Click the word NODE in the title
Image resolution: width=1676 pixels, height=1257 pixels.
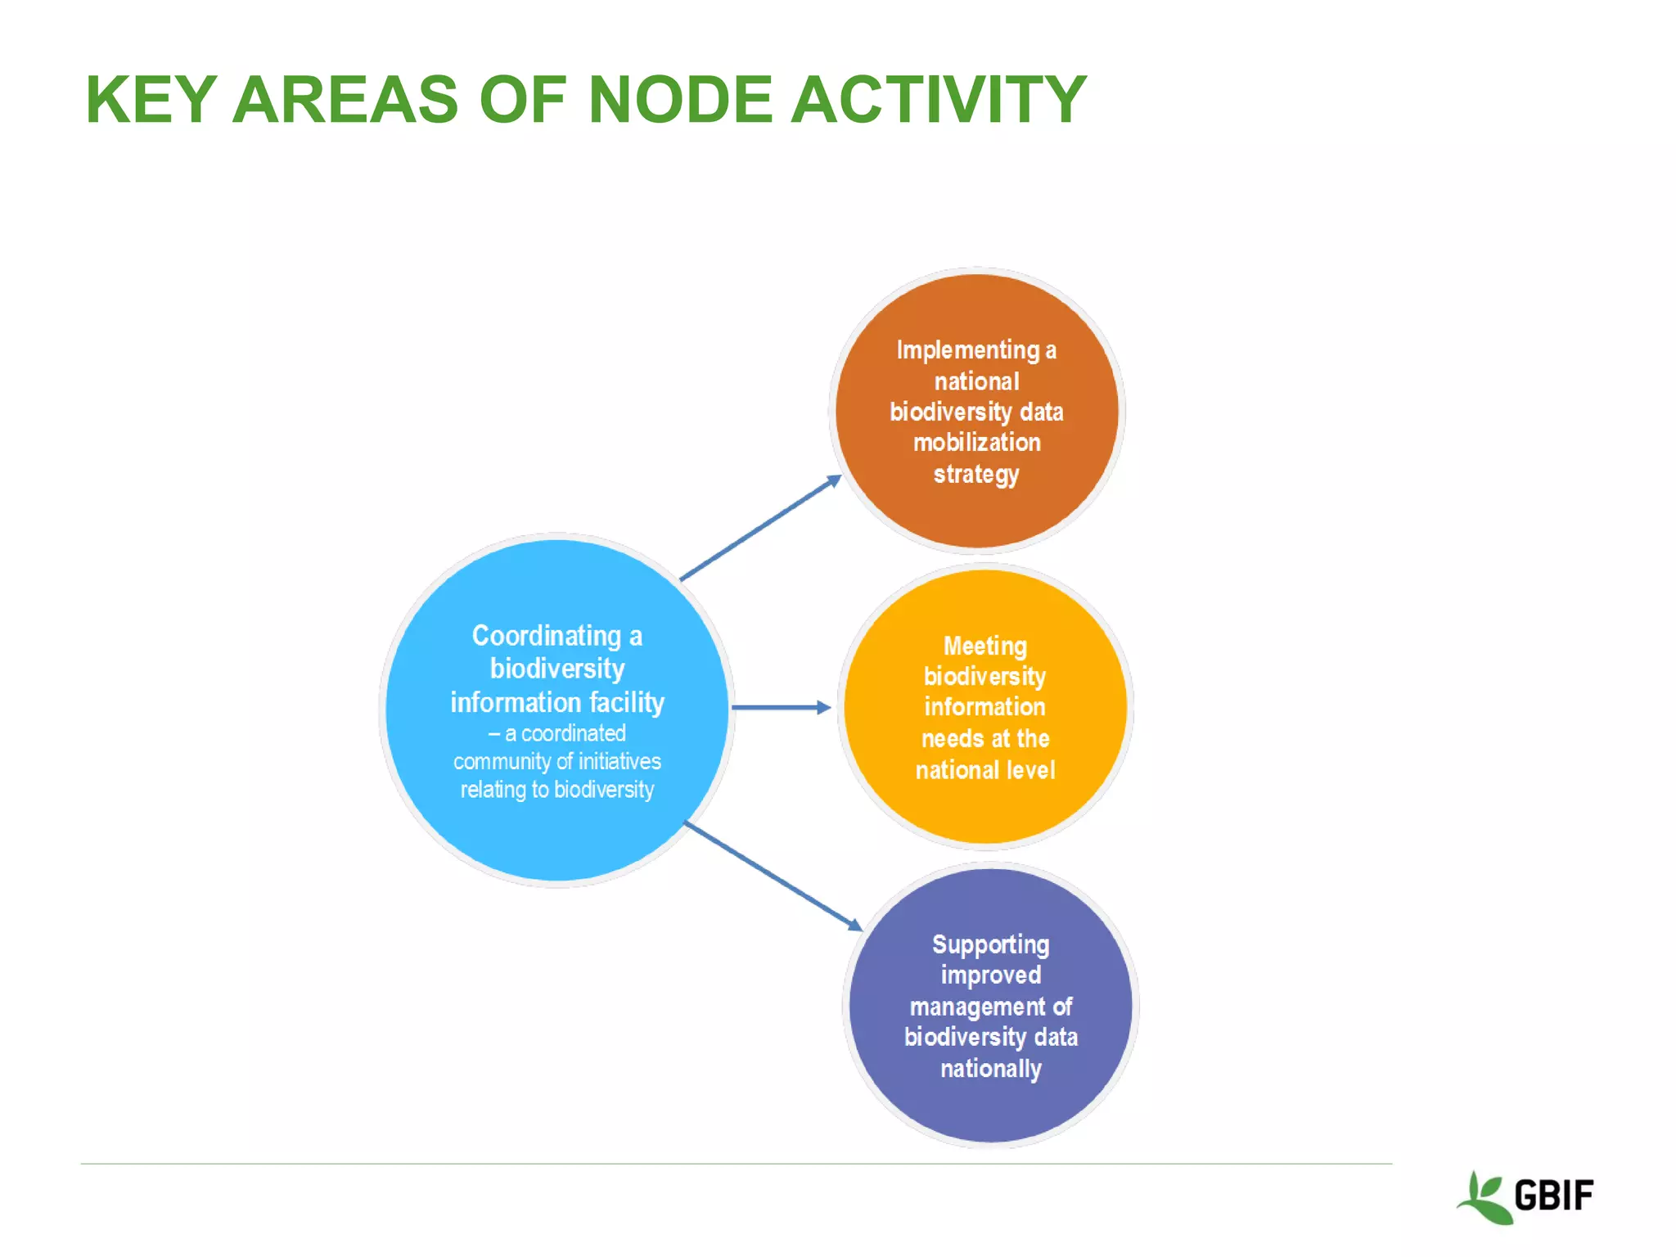(680, 100)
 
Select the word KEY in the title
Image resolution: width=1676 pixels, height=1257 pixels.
(151, 100)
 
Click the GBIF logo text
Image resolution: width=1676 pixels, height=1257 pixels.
(1553, 1196)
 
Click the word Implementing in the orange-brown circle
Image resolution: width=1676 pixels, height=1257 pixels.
(967, 350)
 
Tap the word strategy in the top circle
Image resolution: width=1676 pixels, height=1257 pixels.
(976, 474)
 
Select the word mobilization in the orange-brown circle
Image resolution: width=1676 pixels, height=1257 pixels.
(977, 443)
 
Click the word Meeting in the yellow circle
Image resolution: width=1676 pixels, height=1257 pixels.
(984, 646)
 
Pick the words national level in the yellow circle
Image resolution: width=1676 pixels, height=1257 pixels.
(985, 770)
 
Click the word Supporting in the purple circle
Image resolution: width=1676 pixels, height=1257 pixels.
(990, 944)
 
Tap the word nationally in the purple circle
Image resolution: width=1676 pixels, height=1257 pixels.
(990, 1069)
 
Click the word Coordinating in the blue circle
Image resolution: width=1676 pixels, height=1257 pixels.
(546, 636)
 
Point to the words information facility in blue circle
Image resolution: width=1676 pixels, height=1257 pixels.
(557, 702)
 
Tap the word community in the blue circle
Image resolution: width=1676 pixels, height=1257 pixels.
(502, 762)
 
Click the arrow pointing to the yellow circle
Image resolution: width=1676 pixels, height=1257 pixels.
(781, 707)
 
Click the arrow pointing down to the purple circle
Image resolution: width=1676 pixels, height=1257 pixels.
(773, 876)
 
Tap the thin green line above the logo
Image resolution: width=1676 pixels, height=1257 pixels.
(737, 1163)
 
